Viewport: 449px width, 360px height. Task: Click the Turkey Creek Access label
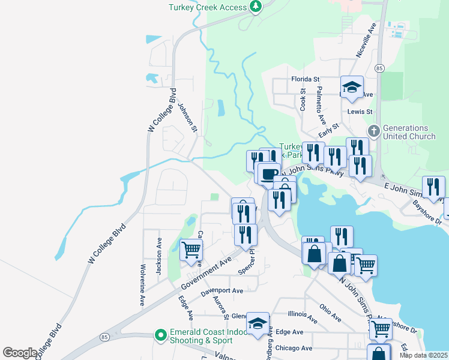click(208, 7)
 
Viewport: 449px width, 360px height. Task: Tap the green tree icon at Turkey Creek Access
click(256, 7)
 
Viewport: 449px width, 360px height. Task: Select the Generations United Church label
click(409, 132)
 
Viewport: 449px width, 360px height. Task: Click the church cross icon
click(373, 130)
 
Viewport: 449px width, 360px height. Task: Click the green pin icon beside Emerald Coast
click(160, 335)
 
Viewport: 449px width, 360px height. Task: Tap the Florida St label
click(306, 79)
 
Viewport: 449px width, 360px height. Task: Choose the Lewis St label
click(360, 112)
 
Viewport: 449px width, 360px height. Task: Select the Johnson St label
click(187, 117)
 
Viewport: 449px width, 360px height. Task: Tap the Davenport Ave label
click(221, 291)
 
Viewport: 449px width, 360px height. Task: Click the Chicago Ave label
click(294, 348)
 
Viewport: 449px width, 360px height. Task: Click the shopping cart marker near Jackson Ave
click(191, 249)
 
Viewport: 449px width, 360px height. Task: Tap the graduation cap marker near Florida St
click(352, 86)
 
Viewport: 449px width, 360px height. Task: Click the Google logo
click(20, 353)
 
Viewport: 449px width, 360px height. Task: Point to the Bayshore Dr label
click(427, 213)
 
